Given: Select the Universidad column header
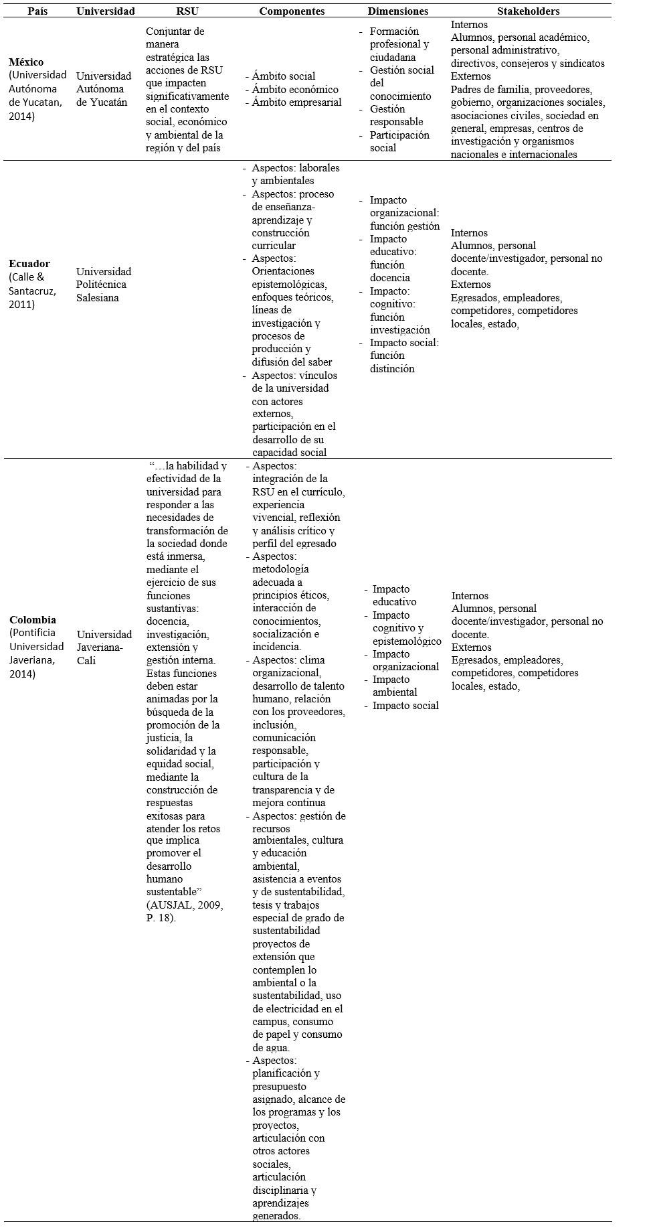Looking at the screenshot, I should coord(105,11).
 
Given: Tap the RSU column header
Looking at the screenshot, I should coord(187,11).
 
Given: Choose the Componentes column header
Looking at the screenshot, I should coord(292,11).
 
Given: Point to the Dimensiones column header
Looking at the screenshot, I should coord(397,11).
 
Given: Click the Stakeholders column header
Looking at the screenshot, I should coord(528,11).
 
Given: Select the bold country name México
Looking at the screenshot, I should coord(25,62).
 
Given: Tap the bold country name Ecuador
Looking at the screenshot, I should coord(29,264).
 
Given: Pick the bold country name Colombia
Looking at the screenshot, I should coord(32,620).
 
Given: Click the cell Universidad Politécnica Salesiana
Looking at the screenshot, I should coord(104,285).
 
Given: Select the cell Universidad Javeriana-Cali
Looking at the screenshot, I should coord(104,647).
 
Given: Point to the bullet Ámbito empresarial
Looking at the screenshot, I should coord(296,102).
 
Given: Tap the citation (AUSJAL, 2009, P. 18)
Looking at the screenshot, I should coord(185,911).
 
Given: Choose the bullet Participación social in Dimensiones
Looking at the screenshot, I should coord(399,141).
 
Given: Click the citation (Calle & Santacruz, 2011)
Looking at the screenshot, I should coord(31,291).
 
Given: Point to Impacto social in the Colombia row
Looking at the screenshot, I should coord(405,705).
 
